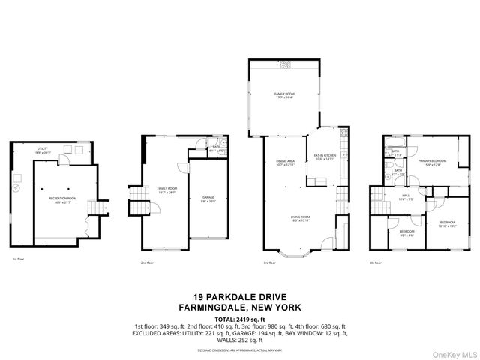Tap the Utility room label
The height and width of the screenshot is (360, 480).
43,150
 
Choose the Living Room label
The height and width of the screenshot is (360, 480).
301,220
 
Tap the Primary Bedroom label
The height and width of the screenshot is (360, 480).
429,163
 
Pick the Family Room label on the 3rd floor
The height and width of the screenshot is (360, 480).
284,96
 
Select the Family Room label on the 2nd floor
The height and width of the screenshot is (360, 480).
166,190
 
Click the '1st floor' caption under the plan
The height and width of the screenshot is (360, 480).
18,259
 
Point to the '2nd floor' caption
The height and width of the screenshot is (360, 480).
147,262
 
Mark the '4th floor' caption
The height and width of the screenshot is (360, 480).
375,262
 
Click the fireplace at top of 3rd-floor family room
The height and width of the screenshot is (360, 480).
284,65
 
